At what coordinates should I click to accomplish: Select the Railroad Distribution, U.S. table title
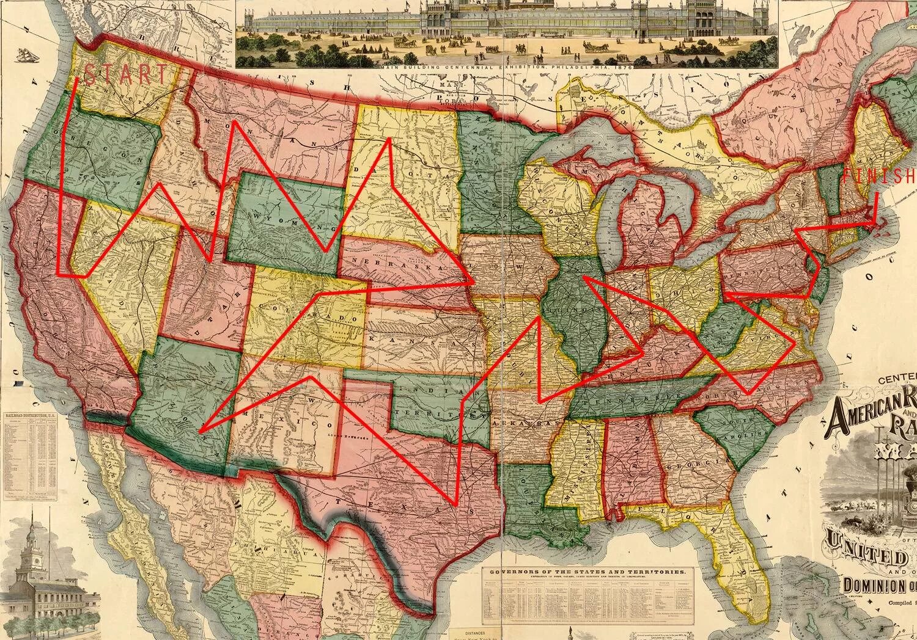31,415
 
